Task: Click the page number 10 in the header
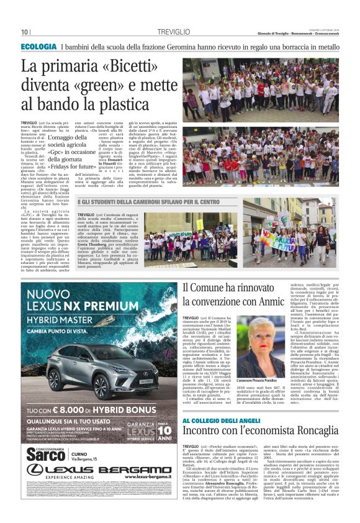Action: coord(25,32)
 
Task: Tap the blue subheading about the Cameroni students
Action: coord(149,202)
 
